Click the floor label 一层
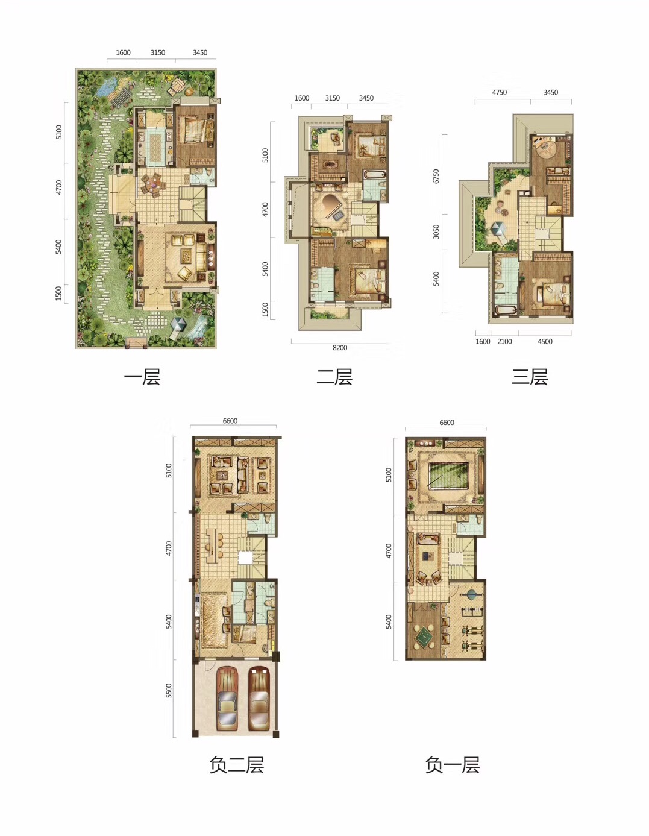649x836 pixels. coord(142,377)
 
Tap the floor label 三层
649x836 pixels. coord(530,377)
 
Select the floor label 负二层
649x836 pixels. coord(236,765)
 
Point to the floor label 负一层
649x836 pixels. coord(453,765)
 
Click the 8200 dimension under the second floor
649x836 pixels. coord(340,348)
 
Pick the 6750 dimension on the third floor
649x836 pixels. coord(436,176)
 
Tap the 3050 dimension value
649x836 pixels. coord(436,232)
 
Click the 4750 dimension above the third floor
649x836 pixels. coord(500,92)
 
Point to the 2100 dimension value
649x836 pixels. coord(504,342)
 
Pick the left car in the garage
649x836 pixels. coord(227,699)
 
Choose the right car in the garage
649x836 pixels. coord(259,699)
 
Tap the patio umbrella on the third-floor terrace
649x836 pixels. coord(497,230)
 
